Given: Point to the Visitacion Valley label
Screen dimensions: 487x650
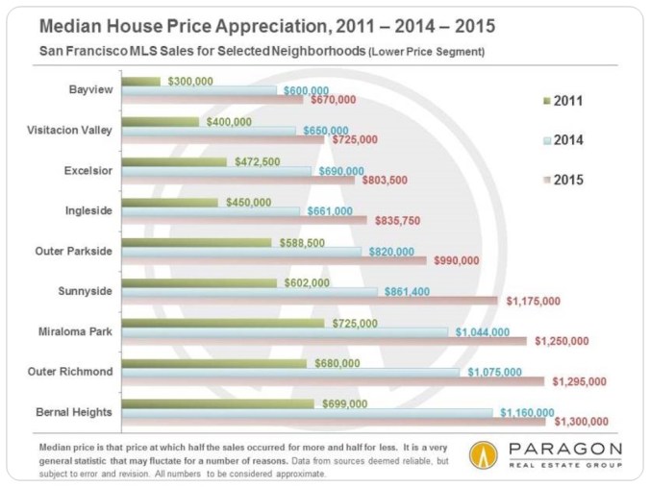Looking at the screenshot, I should click(68, 131).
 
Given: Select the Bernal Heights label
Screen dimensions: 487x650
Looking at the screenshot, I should click(77, 412).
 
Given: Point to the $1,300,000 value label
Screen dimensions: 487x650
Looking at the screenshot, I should click(583, 422).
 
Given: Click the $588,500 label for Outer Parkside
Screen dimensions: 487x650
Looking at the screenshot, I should click(305, 245).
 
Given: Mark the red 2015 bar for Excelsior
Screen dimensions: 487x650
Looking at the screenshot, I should click(240, 178).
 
